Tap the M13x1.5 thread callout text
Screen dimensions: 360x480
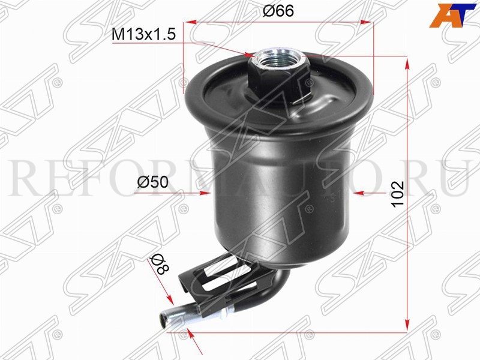(x=143, y=35)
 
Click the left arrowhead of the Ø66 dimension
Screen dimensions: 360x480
(x=191, y=22)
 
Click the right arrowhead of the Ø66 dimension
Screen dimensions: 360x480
(x=367, y=22)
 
